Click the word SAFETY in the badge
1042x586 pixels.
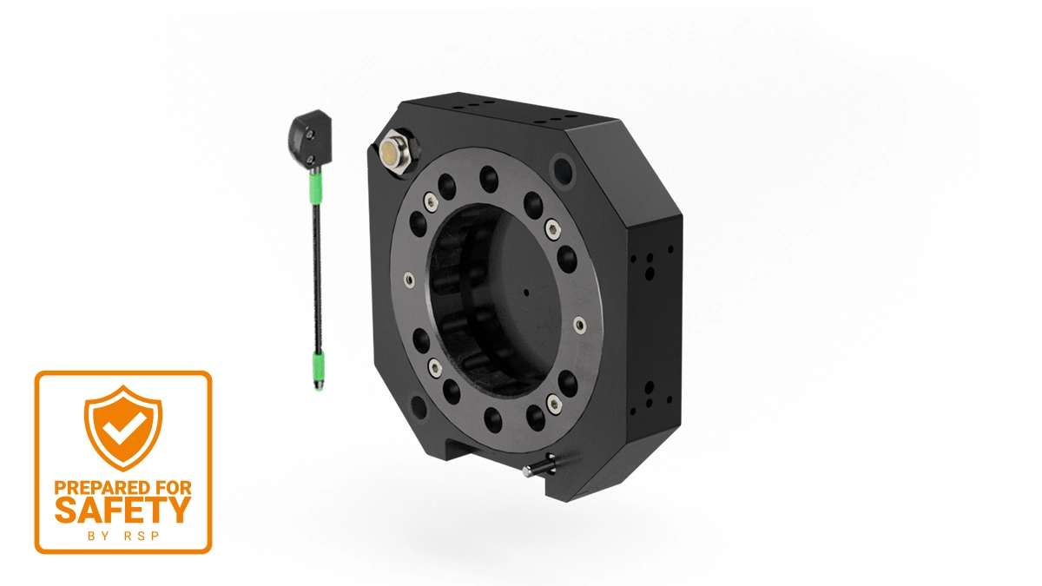click(x=122, y=510)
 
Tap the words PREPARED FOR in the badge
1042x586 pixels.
click(x=122, y=487)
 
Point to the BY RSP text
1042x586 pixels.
click(x=123, y=537)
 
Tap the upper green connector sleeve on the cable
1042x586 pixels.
click(x=315, y=188)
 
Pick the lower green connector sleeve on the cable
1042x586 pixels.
click(x=319, y=367)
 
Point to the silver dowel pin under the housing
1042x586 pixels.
click(x=538, y=466)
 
